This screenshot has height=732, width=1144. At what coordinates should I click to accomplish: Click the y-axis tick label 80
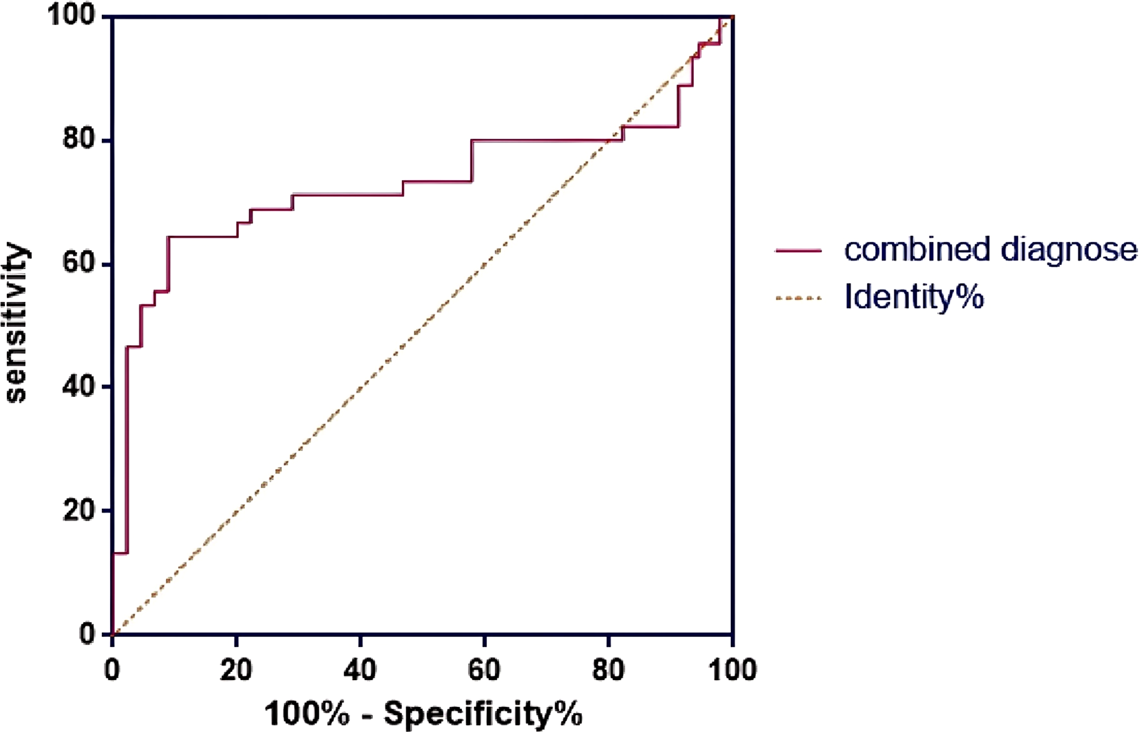coord(79,139)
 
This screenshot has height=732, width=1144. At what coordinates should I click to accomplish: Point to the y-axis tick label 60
coord(79,263)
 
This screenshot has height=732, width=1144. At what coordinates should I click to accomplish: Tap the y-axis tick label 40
coord(79,386)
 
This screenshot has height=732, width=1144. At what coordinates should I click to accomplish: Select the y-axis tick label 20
coord(79,510)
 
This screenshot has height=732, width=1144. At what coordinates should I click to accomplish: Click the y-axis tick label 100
coord(71,16)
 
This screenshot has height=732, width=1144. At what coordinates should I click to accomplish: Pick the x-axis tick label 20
coord(236,670)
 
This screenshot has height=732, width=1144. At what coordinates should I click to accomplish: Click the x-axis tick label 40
coord(360,670)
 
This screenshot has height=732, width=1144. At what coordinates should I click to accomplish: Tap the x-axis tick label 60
coord(484,670)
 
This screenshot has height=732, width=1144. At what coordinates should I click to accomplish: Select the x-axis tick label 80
coord(608,670)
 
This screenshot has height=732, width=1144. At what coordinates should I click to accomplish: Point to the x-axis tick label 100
coord(731,670)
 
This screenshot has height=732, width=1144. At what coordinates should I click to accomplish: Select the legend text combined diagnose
coord(990,249)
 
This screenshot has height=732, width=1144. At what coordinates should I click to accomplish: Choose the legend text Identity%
coord(914,297)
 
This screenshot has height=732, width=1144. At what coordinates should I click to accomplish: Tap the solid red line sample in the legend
coord(798,250)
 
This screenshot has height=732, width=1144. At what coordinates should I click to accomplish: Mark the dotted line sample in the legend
coord(798,298)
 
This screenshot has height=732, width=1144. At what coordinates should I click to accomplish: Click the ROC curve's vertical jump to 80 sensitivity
coord(472,161)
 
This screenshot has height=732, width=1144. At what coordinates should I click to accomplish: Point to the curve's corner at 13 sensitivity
coord(127,553)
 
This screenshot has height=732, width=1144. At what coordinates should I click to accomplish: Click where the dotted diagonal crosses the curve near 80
coord(608,141)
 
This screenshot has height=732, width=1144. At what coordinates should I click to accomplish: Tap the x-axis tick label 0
coord(112,670)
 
